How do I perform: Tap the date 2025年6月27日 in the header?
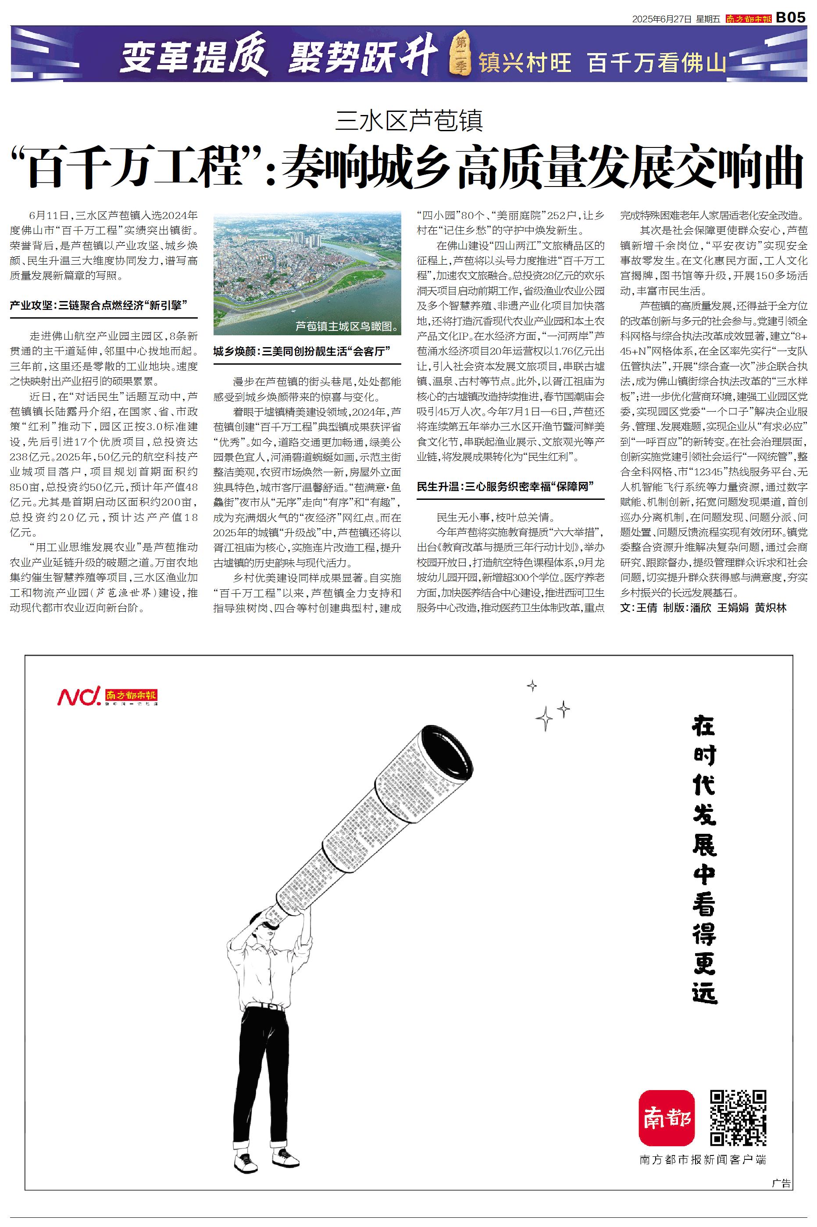pos(661,19)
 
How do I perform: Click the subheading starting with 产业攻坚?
pos(99,305)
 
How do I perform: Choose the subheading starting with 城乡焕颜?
pos(302,352)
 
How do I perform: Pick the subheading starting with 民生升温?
pos(505,487)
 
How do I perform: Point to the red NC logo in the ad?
pos(78,696)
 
